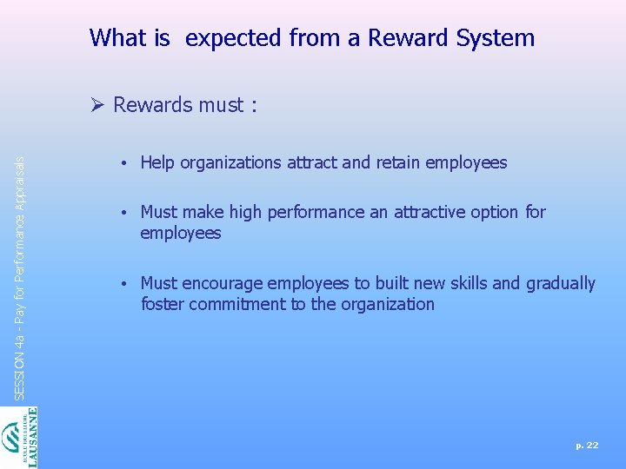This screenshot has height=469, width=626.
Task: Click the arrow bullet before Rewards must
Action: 97,105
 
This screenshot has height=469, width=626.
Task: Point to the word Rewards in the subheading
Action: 153,105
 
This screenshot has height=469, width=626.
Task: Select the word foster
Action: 163,304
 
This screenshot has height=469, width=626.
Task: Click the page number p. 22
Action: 587,445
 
